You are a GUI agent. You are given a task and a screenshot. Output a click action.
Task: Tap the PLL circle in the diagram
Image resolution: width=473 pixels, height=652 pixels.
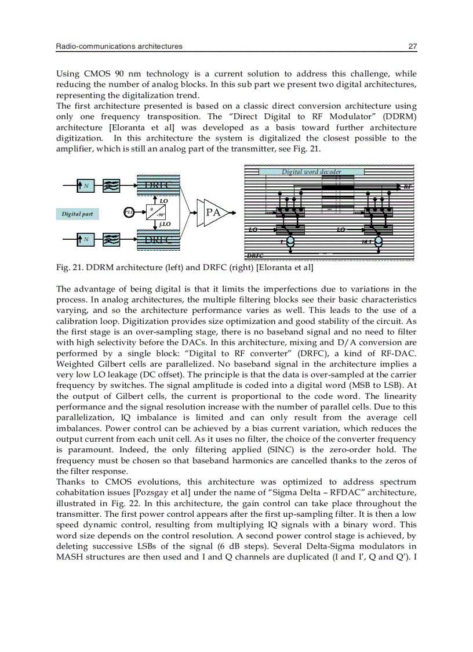(129, 212)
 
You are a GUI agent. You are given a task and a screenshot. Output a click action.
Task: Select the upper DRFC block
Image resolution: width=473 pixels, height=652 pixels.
(158, 185)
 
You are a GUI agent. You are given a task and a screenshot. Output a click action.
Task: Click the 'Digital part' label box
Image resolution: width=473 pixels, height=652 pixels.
(77, 214)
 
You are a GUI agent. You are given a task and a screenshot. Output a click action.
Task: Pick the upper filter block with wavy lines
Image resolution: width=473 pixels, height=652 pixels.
(112, 186)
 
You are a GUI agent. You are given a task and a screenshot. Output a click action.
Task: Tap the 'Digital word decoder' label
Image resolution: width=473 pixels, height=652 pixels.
(311, 172)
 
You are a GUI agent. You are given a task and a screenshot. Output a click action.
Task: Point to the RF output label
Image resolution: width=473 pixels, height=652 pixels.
(407, 187)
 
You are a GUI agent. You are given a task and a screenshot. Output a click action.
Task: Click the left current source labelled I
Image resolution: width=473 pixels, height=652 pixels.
(290, 241)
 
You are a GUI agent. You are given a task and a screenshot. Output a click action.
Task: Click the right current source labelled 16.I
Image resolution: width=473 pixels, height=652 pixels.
(377, 241)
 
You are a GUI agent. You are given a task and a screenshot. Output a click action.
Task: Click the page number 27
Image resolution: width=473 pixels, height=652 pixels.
(412, 46)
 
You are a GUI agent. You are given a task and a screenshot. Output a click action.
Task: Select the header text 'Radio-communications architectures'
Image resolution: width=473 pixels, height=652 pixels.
(119, 46)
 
